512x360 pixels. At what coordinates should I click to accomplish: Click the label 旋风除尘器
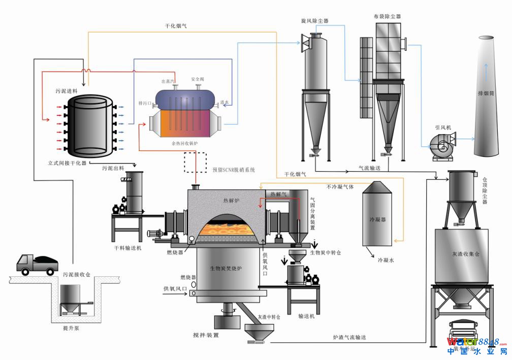(314, 21)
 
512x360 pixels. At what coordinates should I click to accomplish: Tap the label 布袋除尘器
(387, 16)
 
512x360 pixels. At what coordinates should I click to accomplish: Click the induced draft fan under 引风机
(439, 146)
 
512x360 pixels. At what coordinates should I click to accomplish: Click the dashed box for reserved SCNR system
(196, 163)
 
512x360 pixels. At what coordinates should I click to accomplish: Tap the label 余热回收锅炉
(185, 144)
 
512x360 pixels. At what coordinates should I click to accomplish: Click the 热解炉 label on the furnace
(231, 201)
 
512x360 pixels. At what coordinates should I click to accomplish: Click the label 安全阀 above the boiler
(198, 80)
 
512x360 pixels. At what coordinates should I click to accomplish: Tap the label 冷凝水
(386, 259)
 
